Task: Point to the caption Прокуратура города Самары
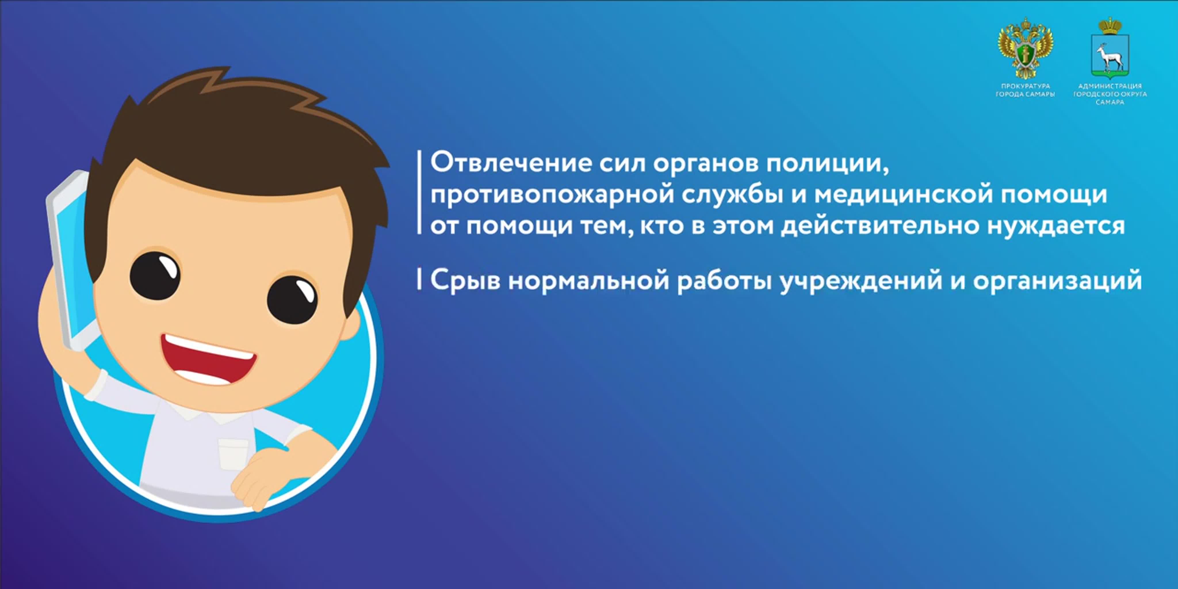pos(1025,90)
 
